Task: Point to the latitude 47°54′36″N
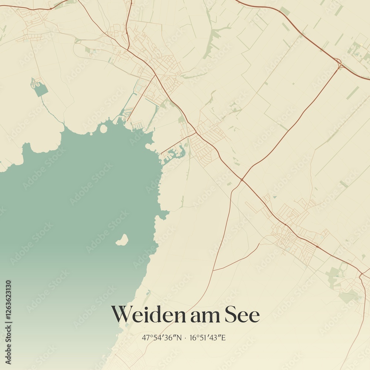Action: click(x=162, y=337)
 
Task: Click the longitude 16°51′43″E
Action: click(x=208, y=337)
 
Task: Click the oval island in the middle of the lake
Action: click(x=122, y=240)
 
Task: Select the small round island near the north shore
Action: click(x=103, y=129)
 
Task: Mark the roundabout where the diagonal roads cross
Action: click(x=242, y=180)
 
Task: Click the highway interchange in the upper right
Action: click(x=339, y=63)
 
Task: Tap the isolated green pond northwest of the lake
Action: click(x=40, y=89)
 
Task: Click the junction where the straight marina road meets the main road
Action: click(x=196, y=133)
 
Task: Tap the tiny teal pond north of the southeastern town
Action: click(x=275, y=197)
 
